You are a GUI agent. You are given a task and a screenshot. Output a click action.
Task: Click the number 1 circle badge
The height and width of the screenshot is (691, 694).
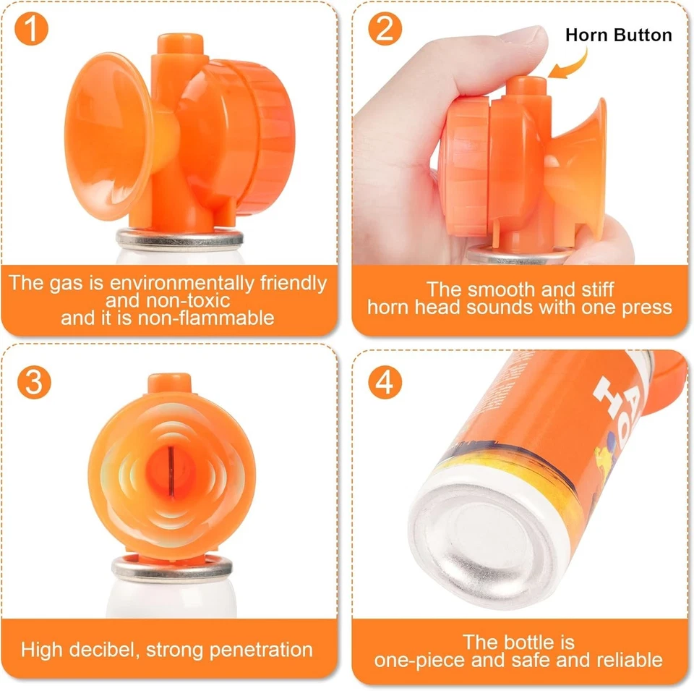(x=32, y=30)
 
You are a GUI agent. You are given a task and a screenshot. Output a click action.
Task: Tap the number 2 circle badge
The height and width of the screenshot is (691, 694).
(x=385, y=30)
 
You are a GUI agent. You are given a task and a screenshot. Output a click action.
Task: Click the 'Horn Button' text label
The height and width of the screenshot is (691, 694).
(x=618, y=35)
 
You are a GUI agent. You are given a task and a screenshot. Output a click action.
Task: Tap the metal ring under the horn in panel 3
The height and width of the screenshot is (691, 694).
(x=171, y=568)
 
